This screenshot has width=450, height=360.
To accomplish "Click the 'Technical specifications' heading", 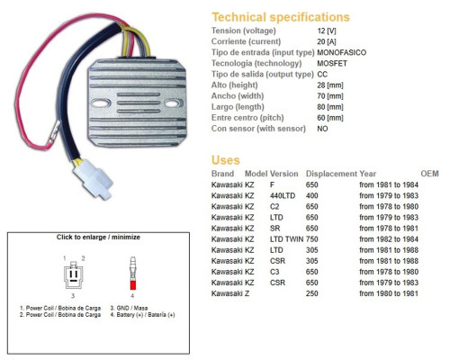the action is pos(281,17).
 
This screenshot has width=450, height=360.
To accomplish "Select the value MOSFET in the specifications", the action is pos(332,64).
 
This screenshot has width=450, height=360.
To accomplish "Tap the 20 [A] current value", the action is pos(327,41).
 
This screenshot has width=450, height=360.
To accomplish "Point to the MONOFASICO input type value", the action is pos(342,52).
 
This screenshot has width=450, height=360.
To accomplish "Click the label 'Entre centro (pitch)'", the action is pos(247,118).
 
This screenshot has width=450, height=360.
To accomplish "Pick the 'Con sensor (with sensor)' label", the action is pos(258,129).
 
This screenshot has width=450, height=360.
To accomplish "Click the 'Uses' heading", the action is pos(226,160).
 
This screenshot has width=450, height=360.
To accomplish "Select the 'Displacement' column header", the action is pos(331,174).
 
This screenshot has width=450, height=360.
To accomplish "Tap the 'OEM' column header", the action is pos(429,174).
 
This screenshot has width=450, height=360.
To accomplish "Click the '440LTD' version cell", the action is pos(283,196).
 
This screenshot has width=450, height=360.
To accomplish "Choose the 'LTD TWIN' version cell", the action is pos(287,239).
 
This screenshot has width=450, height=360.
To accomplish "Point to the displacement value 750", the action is pos(312,239).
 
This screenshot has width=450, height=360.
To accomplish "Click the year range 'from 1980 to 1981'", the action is pos(389,293).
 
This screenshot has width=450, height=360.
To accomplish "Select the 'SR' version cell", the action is pos(275,229).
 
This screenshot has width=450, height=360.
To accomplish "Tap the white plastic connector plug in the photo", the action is pos(93,178).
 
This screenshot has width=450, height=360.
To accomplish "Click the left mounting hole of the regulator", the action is pos(101,103).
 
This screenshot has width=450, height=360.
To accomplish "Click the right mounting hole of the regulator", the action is pos(172,103).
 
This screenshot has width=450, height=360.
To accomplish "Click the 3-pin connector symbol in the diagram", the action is pos(74,274).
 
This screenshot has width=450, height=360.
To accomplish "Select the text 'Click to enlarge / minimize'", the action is pos(98,237).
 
